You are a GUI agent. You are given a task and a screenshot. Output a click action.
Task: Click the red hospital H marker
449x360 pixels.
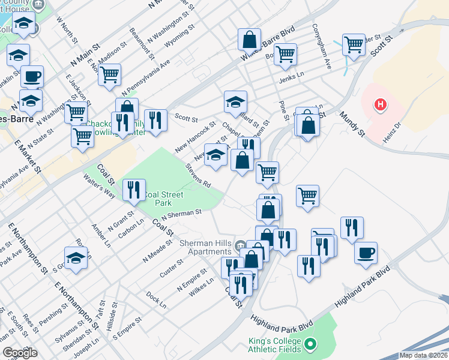click(379, 105)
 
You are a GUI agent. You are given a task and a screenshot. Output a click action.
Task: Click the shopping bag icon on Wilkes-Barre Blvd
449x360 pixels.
click(249, 40)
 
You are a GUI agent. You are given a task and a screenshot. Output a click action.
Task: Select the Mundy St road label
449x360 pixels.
click(352, 122)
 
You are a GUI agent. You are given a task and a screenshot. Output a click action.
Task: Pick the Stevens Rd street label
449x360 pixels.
click(198, 176)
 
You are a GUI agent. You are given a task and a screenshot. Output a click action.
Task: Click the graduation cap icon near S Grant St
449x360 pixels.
click(76, 259)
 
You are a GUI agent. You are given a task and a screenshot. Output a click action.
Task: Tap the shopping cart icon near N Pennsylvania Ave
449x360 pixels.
click(109, 75)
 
